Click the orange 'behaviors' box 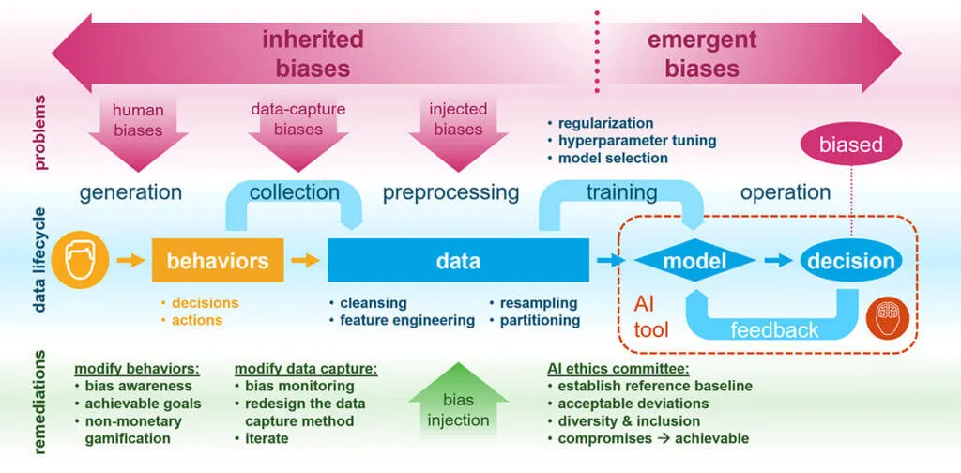pyautogui.click(x=218, y=260)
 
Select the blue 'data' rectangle pyautogui.click(x=458, y=260)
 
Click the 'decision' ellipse pyautogui.click(x=847, y=260)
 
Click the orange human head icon pyautogui.click(x=82, y=260)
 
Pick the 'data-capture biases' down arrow pyautogui.click(x=298, y=127)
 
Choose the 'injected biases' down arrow pyautogui.click(x=458, y=127)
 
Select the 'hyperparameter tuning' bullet pyautogui.click(x=636, y=141)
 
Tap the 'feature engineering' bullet pyautogui.click(x=406, y=320)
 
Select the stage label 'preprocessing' pyautogui.click(x=450, y=192)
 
